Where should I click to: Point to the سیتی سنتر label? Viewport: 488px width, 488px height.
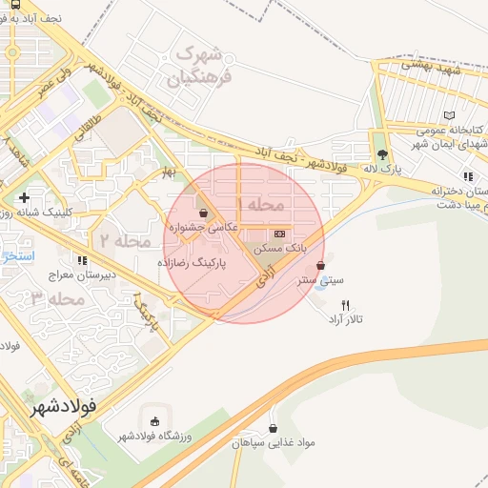[318, 281]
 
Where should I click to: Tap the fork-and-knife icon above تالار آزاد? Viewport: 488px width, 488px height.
[345, 304]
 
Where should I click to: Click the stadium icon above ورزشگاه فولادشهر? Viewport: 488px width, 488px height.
[155, 420]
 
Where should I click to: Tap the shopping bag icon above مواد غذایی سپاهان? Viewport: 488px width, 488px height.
[274, 428]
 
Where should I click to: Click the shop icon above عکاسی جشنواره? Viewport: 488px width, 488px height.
[202, 213]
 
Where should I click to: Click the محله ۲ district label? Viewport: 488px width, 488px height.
[125, 241]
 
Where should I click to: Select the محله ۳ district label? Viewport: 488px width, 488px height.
[58, 299]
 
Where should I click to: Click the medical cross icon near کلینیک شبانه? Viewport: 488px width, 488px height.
[23, 197]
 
